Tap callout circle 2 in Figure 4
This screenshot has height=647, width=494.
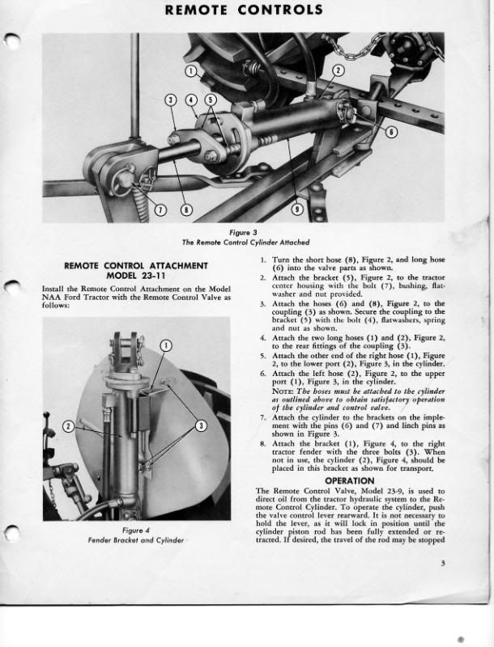(69, 425)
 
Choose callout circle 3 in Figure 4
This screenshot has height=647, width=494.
(202, 425)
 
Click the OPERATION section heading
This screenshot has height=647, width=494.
(349, 480)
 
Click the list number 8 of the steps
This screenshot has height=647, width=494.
(263, 444)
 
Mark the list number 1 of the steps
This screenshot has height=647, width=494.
(263, 260)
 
